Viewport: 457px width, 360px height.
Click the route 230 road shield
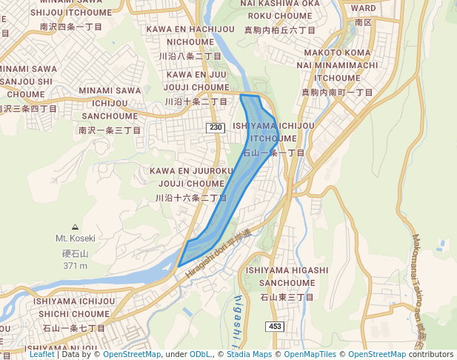pyautogui.click(x=216, y=128)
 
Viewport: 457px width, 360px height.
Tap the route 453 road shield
pyautogui.click(x=276, y=327)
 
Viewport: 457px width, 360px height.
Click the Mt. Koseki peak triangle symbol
pyautogui.click(x=75, y=227)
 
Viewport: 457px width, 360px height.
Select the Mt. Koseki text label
pyautogui.click(x=75, y=239)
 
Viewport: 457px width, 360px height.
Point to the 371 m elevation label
pyautogui.click(x=75, y=265)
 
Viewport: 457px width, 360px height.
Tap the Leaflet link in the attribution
pyautogui.click(x=42, y=354)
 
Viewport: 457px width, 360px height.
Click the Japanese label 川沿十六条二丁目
pyautogui.click(x=190, y=199)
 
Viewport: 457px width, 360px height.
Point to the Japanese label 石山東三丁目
pyautogui.click(x=287, y=297)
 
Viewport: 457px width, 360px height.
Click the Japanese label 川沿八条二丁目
pyautogui.click(x=190, y=56)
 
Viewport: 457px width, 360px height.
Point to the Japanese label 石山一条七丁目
pyautogui.click(x=73, y=327)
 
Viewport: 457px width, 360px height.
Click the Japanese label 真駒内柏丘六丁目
pyautogui.click(x=280, y=30)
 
